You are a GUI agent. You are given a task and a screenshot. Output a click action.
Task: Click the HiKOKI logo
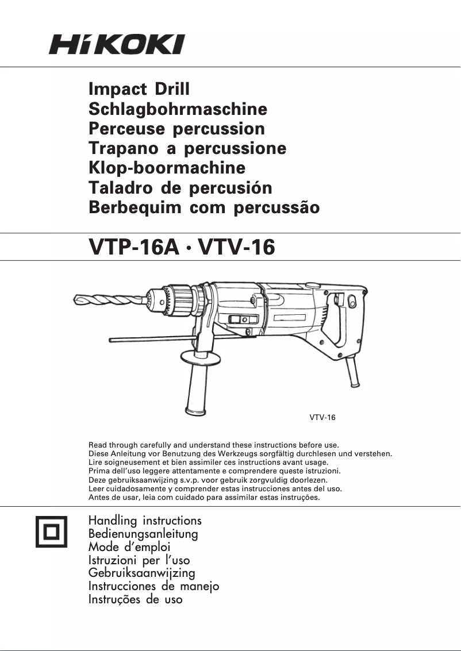point(117,44)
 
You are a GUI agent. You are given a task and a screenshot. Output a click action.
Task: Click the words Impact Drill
point(139,89)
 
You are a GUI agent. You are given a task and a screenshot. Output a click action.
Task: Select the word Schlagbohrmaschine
point(178,109)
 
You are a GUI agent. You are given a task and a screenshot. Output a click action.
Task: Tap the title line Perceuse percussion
point(176,129)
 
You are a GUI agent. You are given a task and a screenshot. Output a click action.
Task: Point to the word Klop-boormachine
point(167,168)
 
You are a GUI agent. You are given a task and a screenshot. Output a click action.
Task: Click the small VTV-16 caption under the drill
point(322,418)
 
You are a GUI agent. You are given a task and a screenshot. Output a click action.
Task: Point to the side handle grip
point(197,391)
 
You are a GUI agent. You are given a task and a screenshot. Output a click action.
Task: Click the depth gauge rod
point(149,339)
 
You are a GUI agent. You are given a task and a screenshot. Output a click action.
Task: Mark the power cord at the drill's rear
point(353,372)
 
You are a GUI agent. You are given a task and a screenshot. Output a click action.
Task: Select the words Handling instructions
point(145,521)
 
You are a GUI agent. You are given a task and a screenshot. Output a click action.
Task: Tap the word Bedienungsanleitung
point(143,534)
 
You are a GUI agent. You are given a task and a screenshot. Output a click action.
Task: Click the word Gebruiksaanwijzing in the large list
point(141,573)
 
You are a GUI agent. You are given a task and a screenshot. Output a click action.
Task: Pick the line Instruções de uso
point(135,599)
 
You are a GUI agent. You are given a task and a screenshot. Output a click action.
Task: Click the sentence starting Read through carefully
point(213,445)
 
